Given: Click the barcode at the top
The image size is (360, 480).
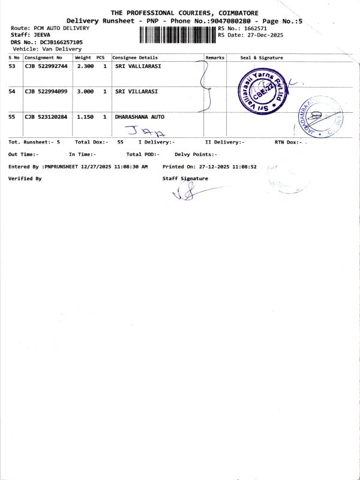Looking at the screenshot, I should [177, 34].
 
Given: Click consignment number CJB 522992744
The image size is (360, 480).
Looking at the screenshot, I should [46, 66].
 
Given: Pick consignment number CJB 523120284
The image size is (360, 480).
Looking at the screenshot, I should [46, 116].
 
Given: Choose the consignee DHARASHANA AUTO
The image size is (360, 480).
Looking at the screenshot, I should [139, 116].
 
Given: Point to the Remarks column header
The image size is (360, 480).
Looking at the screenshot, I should [215, 58].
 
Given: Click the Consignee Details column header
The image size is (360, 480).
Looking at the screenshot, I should [136, 58].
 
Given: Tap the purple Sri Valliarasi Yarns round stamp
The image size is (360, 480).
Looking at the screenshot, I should [260, 91].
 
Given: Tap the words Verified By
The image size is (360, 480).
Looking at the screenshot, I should [25, 179].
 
